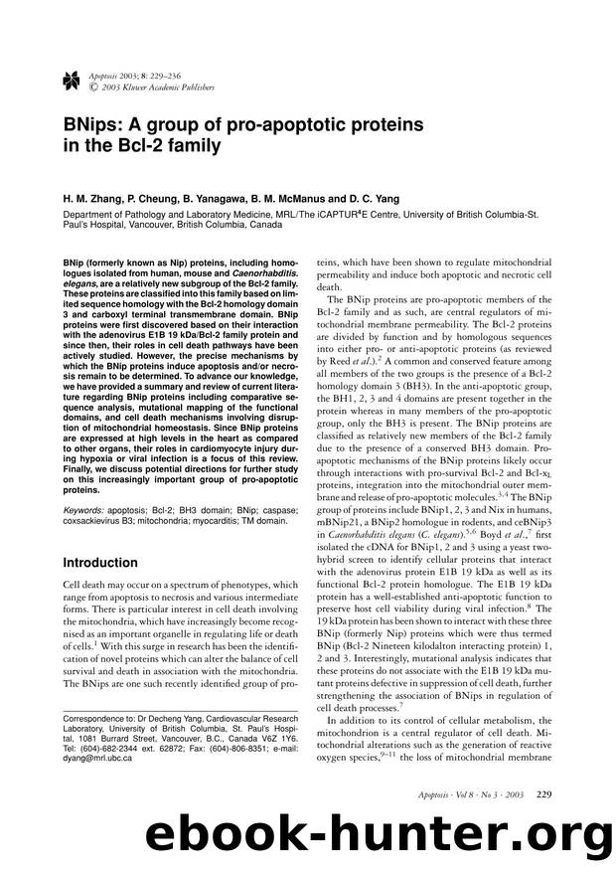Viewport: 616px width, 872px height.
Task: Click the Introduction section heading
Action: [99, 562]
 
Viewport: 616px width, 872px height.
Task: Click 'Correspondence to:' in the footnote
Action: [96, 691]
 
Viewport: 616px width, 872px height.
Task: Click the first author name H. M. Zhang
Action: [82, 199]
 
